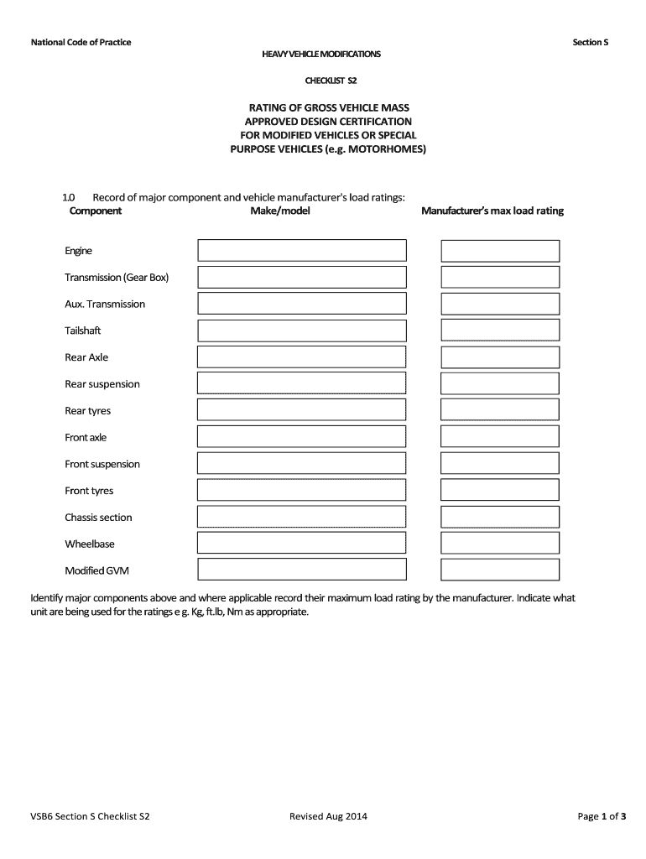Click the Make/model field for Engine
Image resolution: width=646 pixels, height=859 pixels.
[x=302, y=250]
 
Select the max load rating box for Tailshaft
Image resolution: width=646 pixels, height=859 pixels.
[x=500, y=331]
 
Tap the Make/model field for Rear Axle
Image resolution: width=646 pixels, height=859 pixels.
[x=302, y=357]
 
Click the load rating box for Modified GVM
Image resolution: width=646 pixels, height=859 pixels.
[x=500, y=570]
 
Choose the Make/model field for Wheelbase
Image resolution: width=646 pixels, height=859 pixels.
[x=302, y=544]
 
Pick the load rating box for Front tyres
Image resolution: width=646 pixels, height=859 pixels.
[x=500, y=491]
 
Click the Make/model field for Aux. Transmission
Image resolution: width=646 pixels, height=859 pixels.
[x=302, y=304]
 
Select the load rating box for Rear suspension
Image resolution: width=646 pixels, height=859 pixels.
[x=500, y=384]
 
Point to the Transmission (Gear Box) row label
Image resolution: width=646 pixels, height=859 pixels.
[x=117, y=278]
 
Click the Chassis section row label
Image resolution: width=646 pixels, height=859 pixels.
[x=98, y=518]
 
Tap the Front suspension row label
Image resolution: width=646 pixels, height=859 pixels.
[x=102, y=464]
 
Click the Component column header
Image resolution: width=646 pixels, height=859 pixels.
[x=95, y=211]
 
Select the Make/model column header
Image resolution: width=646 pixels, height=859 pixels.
[x=280, y=211]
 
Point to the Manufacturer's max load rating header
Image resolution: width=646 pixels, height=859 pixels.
[x=492, y=211]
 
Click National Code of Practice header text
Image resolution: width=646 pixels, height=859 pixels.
[x=81, y=43]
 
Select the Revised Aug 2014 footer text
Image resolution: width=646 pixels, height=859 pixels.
[x=328, y=815]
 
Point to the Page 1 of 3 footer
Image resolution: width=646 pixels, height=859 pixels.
[x=602, y=815]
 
